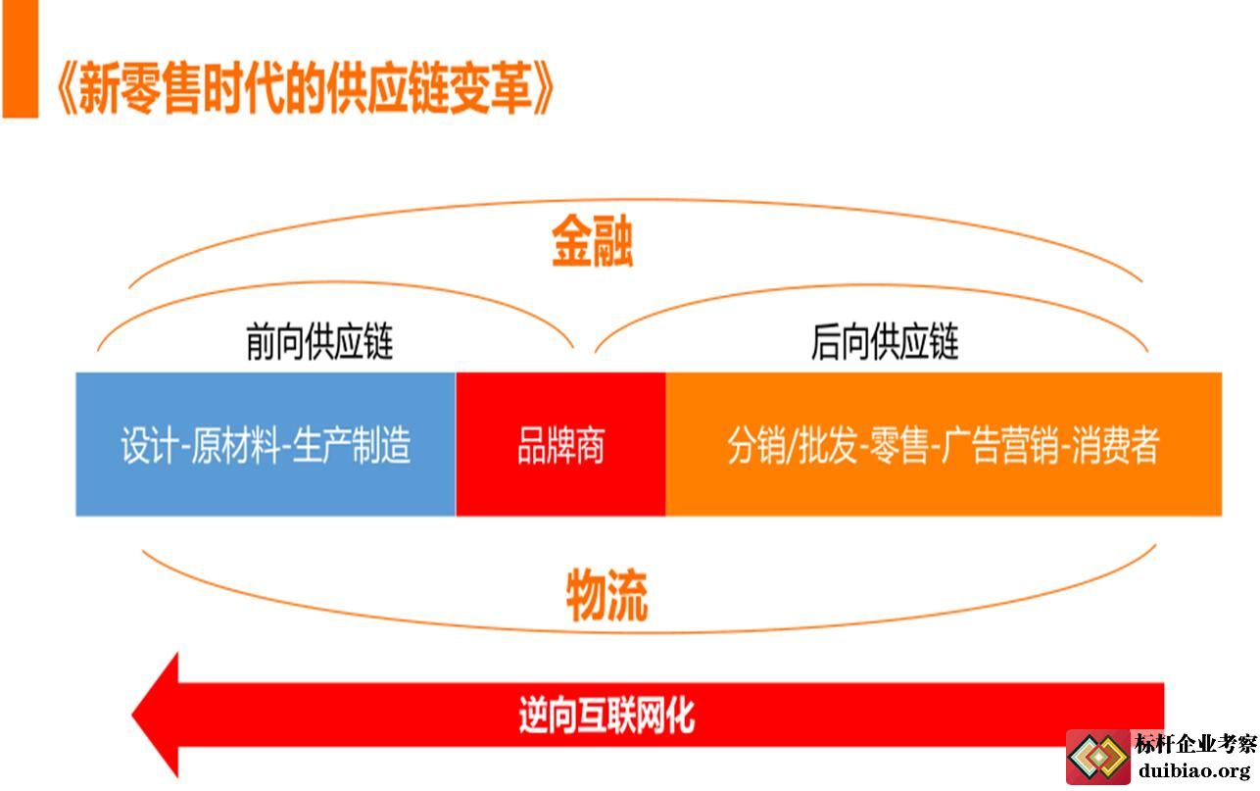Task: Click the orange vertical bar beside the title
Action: pyautogui.click(x=21, y=59)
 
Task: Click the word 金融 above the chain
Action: pyautogui.click(x=593, y=240)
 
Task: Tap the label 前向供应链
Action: pyautogui.click(x=319, y=341)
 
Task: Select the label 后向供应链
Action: pyautogui.click(x=885, y=341)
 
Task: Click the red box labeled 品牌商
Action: pyautogui.click(x=560, y=444)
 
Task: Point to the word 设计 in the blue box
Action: pyautogui.click(x=150, y=445)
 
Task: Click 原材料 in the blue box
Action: pyautogui.click(x=236, y=445)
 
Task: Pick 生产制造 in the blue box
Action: pyautogui.click(x=352, y=445)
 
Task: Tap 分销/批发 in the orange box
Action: pyautogui.click(x=792, y=445)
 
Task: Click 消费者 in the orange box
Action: pyautogui.click(x=1115, y=445)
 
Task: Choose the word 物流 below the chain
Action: pyautogui.click(x=606, y=595)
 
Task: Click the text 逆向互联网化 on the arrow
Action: pyautogui.click(x=606, y=716)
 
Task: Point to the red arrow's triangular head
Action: pyautogui.click(x=155, y=716)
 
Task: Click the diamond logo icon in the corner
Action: pyautogui.click(x=1098, y=758)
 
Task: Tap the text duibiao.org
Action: pyautogui.click(x=1194, y=770)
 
